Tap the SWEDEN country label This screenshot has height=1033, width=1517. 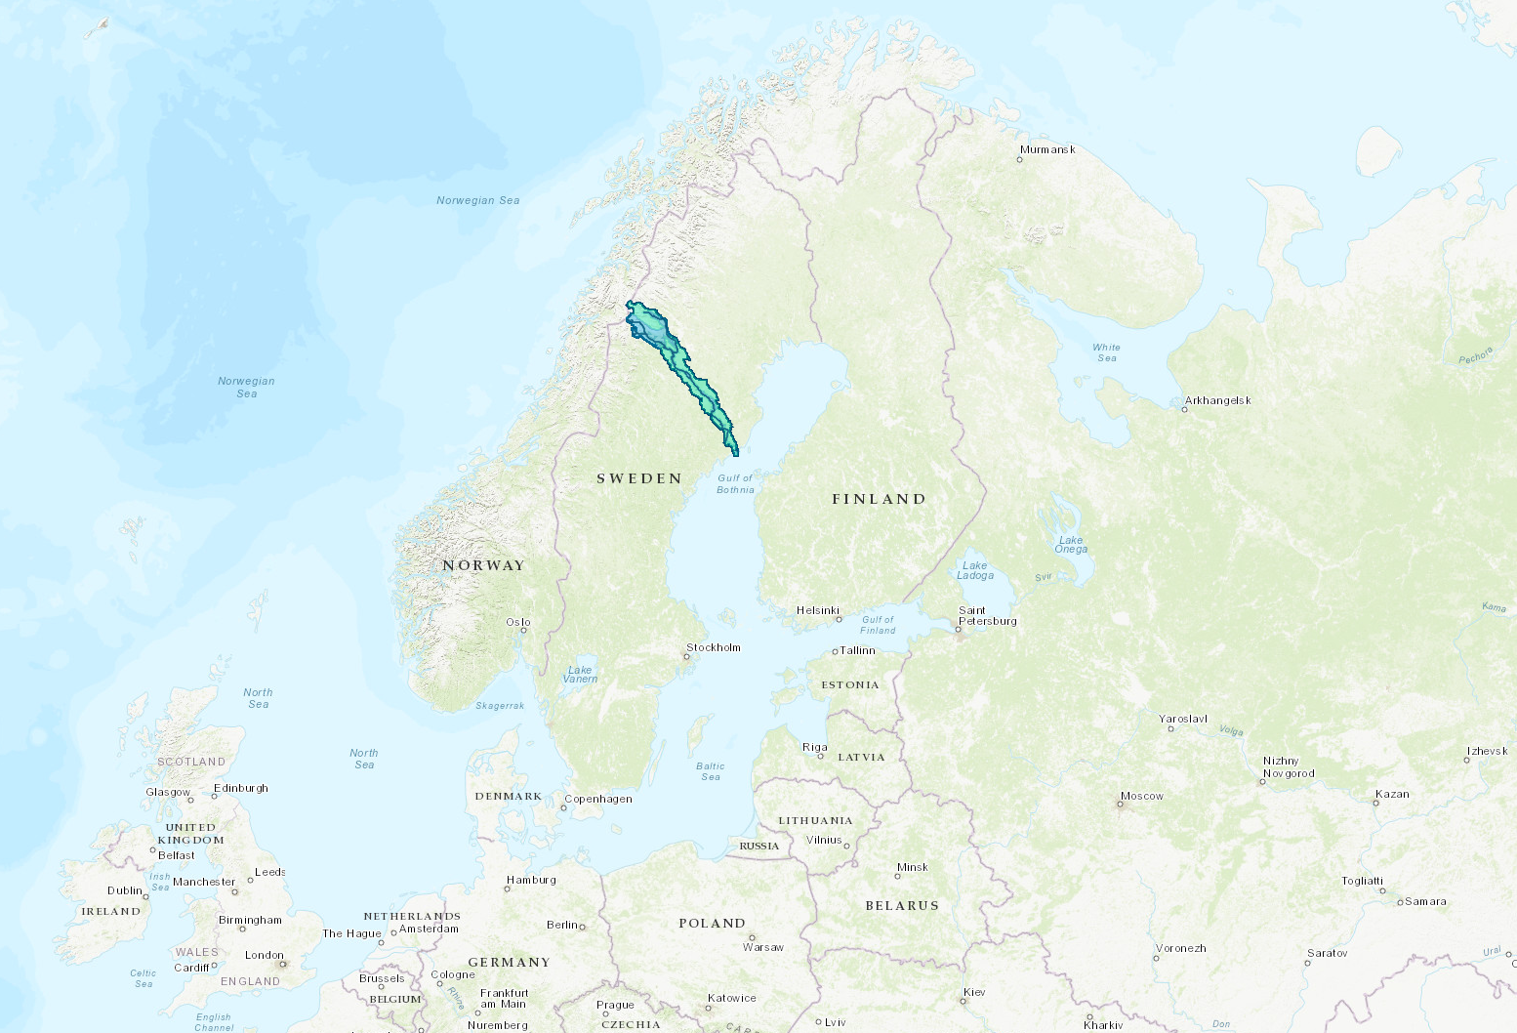pyautogui.click(x=639, y=478)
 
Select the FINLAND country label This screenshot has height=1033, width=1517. pyautogui.click(x=879, y=499)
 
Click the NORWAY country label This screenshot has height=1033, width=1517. pyautogui.click(x=483, y=565)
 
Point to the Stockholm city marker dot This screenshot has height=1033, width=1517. pyautogui.click(x=687, y=656)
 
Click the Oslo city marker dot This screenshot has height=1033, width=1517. pyautogui.click(x=524, y=631)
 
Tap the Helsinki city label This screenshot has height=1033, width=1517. pyautogui.click(x=817, y=610)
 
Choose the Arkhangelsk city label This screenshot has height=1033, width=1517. pyautogui.click(x=1217, y=400)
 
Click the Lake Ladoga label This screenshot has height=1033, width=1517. pyautogui.click(x=974, y=570)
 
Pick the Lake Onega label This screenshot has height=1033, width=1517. pyautogui.click(x=1071, y=544)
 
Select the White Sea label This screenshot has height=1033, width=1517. pyautogui.click(x=1106, y=352)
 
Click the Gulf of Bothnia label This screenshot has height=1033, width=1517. pyautogui.click(x=735, y=483)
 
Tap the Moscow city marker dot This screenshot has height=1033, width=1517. pyautogui.click(x=1120, y=805)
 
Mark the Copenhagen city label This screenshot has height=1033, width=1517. pyautogui.click(x=598, y=799)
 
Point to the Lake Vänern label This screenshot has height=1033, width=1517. pyautogui.click(x=580, y=674)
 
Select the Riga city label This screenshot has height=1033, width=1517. pyautogui.click(x=814, y=747)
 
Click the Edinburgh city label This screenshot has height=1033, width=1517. pyautogui.click(x=240, y=788)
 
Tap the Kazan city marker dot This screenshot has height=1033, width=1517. pyautogui.click(x=1376, y=803)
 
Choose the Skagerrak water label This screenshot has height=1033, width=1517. pyautogui.click(x=500, y=705)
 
